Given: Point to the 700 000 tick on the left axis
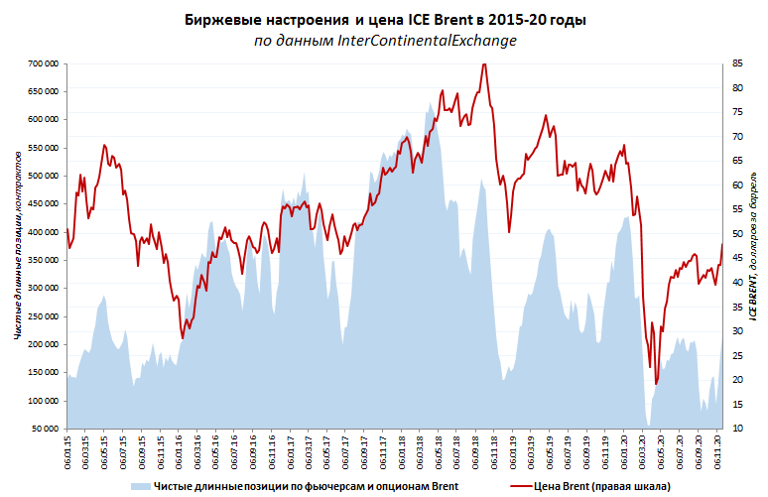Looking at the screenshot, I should coord(41,63).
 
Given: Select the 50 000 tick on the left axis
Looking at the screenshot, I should coord(44,428).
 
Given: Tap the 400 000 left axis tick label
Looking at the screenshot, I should coord(41,231).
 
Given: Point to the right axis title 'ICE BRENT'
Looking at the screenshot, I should coord(754,297).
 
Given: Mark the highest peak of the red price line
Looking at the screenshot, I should coord(483,64).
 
